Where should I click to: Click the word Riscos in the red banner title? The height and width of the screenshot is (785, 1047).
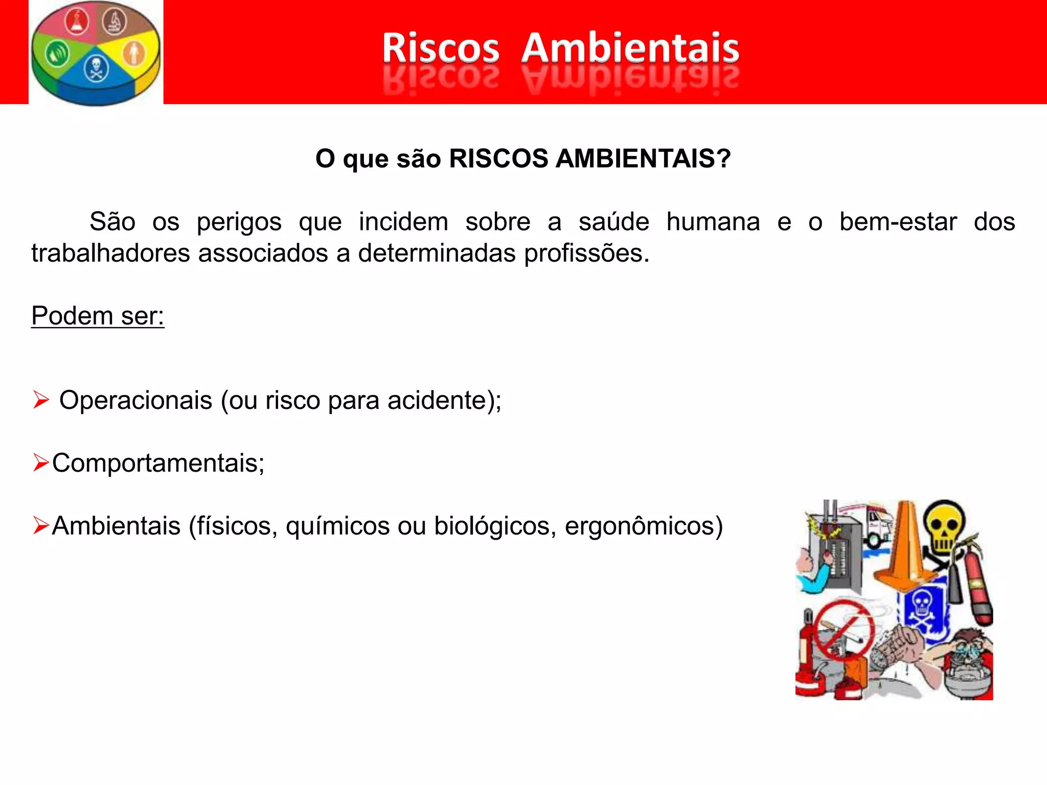[x=440, y=48]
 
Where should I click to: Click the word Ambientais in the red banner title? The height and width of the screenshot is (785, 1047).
[x=630, y=48]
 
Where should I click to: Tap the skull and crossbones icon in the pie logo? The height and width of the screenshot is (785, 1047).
[x=96, y=68]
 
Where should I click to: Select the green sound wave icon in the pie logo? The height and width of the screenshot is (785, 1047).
[x=57, y=54]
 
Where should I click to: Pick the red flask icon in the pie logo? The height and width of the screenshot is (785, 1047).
[x=77, y=22]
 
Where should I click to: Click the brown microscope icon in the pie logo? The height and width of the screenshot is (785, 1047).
[x=115, y=21]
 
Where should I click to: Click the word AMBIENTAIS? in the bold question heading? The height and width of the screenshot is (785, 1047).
[x=643, y=158]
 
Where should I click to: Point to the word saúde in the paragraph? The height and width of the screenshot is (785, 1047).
[x=613, y=222]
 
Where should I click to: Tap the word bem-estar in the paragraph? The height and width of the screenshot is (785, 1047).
[x=898, y=222]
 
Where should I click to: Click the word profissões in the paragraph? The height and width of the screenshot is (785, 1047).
[x=586, y=253]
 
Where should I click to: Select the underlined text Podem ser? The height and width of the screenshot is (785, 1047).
[x=98, y=316]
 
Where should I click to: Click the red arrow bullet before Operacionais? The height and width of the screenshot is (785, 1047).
[x=41, y=400]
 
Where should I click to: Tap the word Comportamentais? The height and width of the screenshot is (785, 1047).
[x=158, y=463]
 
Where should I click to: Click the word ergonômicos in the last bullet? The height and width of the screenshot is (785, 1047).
[x=644, y=526]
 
